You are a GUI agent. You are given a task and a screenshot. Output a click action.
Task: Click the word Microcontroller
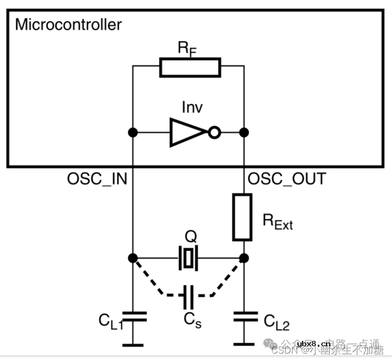(x=68, y=24)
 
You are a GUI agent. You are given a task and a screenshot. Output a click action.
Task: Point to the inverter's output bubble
(x=214, y=132)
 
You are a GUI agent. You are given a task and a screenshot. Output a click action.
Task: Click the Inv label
(x=192, y=107)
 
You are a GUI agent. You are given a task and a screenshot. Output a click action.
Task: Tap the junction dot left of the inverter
(x=133, y=132)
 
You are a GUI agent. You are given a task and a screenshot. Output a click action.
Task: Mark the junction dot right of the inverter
(x=244, y=132)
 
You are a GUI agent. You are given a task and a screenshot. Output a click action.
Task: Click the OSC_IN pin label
(x=97, y=179)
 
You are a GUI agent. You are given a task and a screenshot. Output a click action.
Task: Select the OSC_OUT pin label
(x=287, y=179)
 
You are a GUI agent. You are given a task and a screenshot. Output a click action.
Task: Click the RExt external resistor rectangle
(x=242, y=217)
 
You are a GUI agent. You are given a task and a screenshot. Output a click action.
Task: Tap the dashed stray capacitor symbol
(x=188, y=296)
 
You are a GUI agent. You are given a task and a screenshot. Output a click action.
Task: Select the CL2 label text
(x=277, y=321)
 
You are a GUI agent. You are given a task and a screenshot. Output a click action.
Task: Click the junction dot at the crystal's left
(x=133, y=258)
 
